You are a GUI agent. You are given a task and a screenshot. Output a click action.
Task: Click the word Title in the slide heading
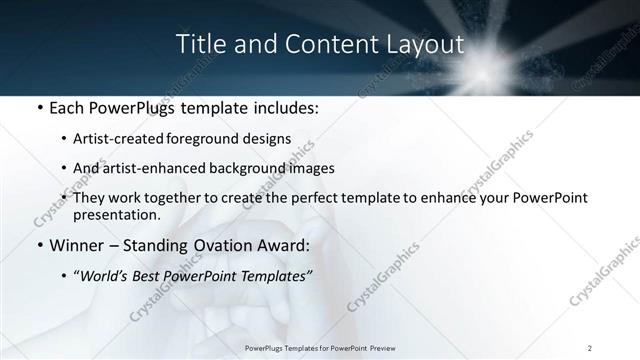click(199, 45)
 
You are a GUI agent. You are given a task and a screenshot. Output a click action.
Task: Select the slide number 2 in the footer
click(590, 347)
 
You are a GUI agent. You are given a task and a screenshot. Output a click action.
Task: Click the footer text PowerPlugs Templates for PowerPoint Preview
click(319, 347)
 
